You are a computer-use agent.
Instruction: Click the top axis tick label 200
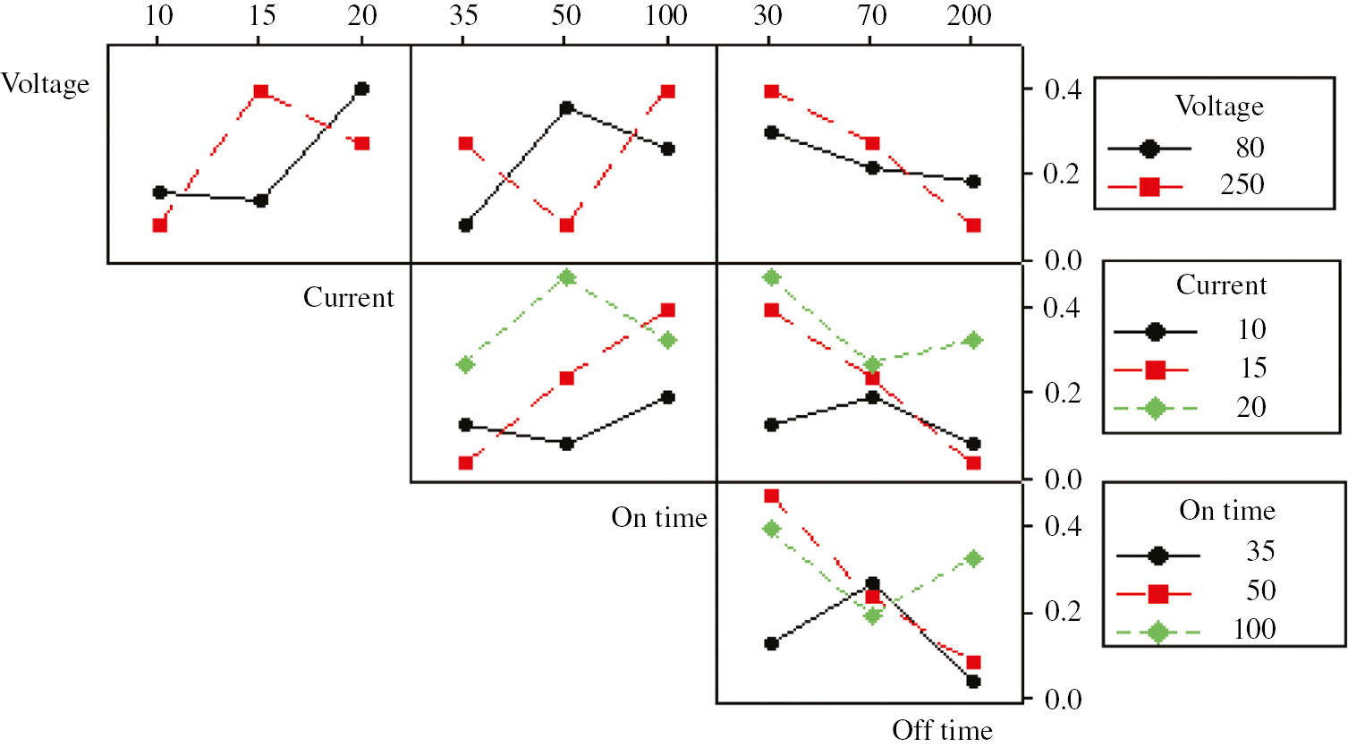click(x=970, y=15)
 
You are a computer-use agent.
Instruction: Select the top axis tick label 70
click(x=872, y=15)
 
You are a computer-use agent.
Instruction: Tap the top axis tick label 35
click(x=463, y=15)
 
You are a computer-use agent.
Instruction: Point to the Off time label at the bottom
click(x=942, y=730)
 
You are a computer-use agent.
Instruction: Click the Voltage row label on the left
click(x=46, y=84)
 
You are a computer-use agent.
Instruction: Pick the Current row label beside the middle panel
click(x=348, y=297)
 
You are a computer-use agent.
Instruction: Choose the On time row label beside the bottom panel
click(x=659, y=517)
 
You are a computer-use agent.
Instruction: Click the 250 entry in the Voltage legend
click(x=1242, y=185)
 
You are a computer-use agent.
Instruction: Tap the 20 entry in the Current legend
click(x=1251, y=408)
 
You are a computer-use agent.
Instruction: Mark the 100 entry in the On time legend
click(x=1254, y=630)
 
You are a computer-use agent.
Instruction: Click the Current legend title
click(x=1221, y=285)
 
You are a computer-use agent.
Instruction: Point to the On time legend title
click(x=1226, y=511)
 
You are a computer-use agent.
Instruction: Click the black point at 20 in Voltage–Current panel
click(x=361, y=89)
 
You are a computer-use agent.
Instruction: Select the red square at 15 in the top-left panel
click(x=260, y=91)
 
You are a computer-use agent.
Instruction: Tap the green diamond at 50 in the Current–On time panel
click(x=565, y=277)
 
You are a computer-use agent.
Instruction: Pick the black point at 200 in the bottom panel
click(x=973, y=682)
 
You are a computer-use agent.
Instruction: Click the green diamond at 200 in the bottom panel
click(x=973, y=559)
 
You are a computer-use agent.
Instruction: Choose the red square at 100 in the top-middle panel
click(x=667, y=91)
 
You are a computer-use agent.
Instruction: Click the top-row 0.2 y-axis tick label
click(x=1062, y=174)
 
